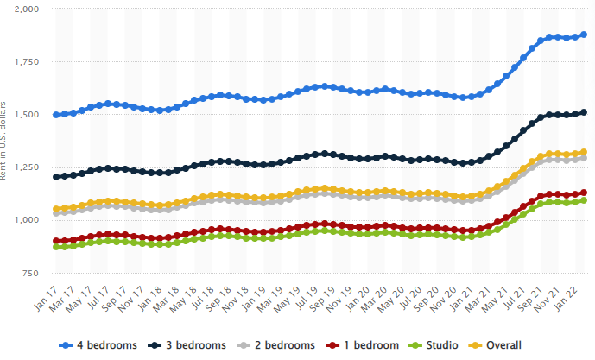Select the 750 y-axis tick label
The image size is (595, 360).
[x=31, y=273]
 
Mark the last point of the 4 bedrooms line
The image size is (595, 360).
[x=584, y=35]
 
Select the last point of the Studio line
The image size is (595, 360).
[x=584, y=200]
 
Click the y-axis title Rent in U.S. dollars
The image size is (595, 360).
[x=6, y=141]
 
